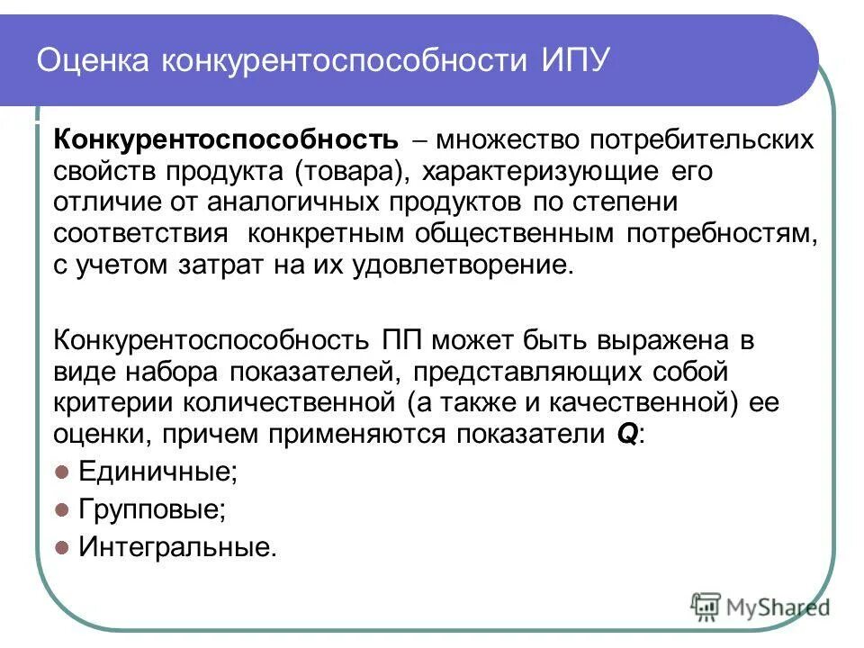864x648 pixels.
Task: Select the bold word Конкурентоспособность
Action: pyautogui.click(x=226, y=140)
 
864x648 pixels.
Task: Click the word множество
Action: pyautogui.click(x=509, y=140)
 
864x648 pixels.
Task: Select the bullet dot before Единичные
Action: pyautogui.click(x=63, y=471)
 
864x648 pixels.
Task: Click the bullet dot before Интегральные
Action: pyautogui.click(x=63, y=546)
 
